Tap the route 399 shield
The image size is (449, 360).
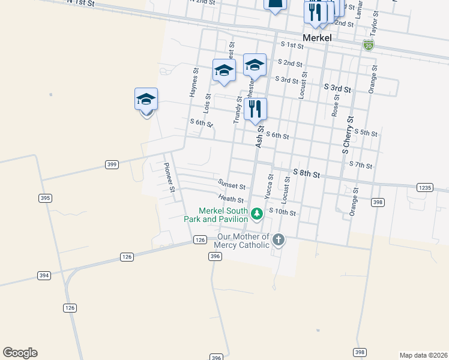tap(111, 164)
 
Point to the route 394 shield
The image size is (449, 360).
tap(44, 275)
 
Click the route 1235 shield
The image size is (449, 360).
tap(424, 188)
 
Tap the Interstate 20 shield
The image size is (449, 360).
tap(368, 45)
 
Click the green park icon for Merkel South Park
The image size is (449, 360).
tap(257, 214)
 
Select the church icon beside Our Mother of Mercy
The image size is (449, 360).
tap(278, 241)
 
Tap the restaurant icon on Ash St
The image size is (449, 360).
tap(256, 109)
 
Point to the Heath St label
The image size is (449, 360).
tap(231, 199)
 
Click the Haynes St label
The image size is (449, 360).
tap(194, 82)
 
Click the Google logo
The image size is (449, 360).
tap(20, 353)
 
